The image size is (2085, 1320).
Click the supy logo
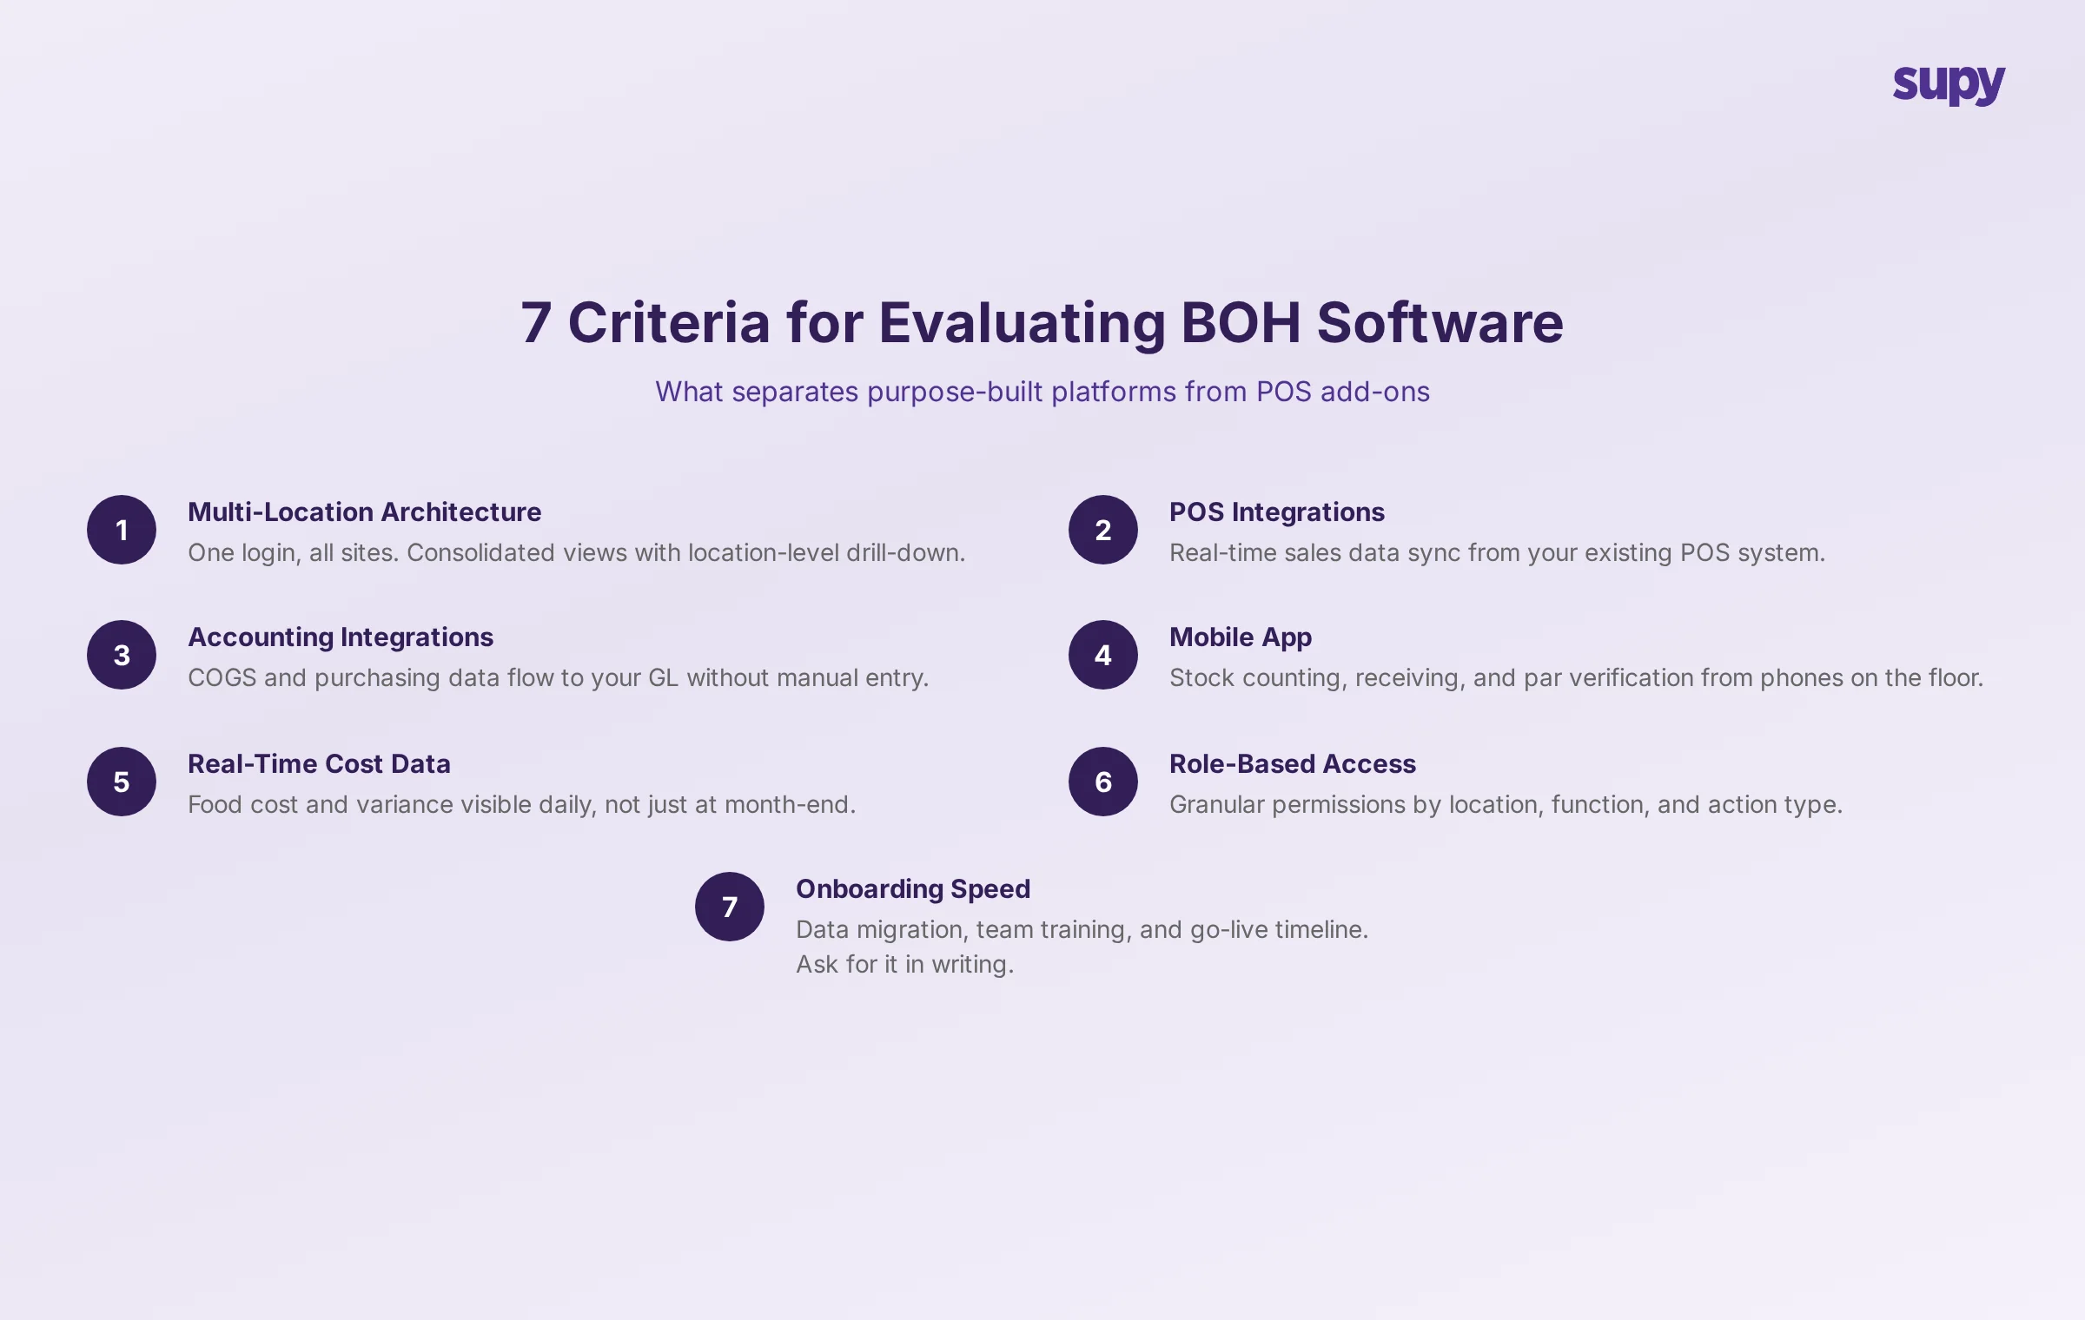1949,85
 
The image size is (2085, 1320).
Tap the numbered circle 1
122,530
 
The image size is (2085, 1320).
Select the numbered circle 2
1103,530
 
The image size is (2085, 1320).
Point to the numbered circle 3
122,655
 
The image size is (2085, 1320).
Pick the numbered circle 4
1103,655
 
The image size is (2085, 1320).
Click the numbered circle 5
122,782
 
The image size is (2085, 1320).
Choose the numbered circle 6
1103,782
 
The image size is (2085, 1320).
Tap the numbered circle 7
730,907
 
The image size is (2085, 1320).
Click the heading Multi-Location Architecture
364,512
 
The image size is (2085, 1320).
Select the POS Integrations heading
1276,512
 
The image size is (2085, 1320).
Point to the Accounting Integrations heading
341,637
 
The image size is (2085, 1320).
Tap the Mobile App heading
1240,637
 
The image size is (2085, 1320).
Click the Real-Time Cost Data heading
319,764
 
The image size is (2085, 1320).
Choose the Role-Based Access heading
1292,764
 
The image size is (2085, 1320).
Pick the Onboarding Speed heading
912,889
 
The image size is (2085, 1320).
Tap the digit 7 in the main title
536,323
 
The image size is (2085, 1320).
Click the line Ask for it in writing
904,965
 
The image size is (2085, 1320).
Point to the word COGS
222,678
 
